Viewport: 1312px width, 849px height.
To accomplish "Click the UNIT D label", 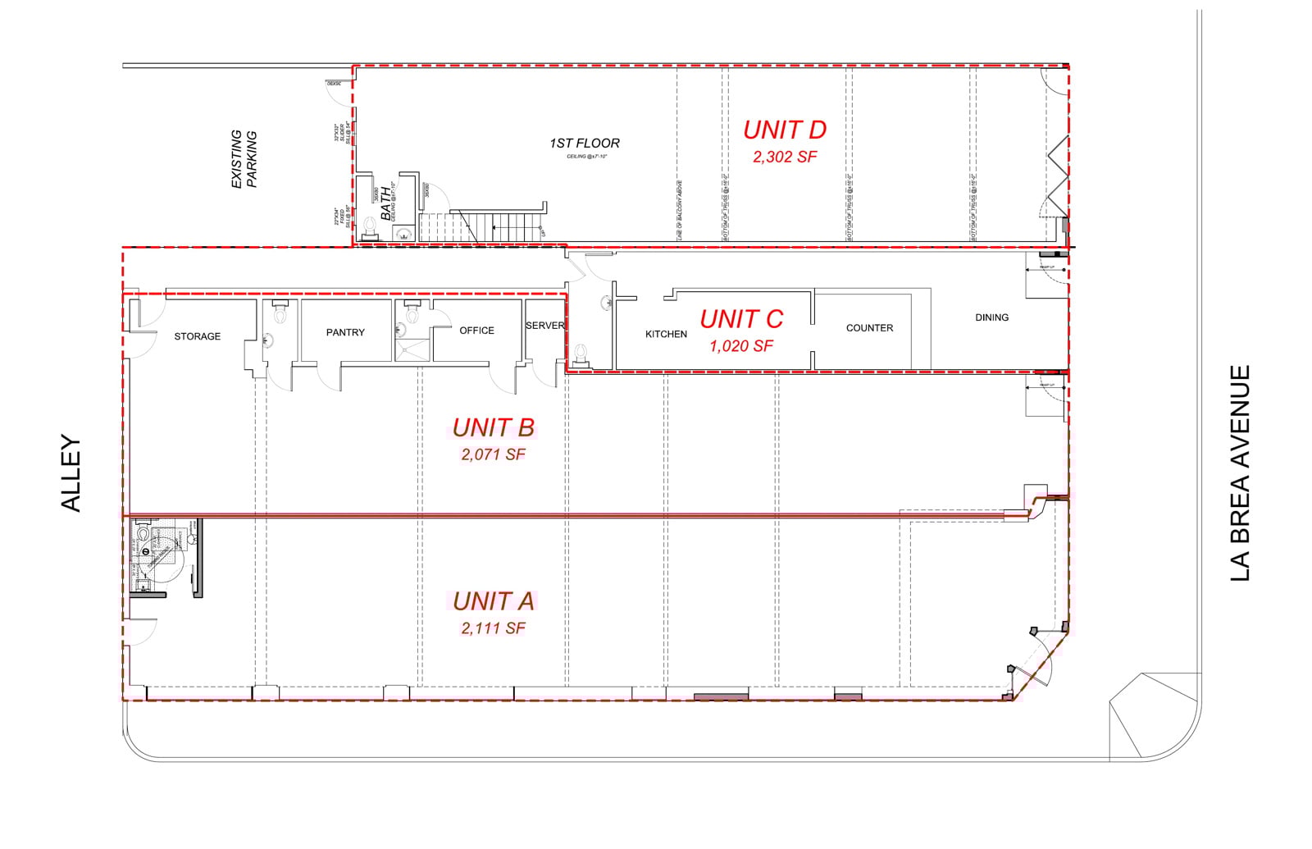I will pos(784,130).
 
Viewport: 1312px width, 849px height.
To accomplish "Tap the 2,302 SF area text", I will pos(785,156).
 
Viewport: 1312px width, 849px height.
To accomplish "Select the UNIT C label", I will pos(741,318).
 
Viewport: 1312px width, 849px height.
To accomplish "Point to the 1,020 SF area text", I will pos(740,346).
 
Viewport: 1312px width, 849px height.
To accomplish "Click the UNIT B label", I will pos(493,427).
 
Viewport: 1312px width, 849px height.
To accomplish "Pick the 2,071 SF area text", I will pos(493,454).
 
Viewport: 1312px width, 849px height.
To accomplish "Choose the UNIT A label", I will pos(493,601).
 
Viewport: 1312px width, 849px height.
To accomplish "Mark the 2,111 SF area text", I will pos(493,628).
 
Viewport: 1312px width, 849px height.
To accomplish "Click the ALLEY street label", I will pos(72,474).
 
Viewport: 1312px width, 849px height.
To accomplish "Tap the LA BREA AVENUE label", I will pos(1240,473).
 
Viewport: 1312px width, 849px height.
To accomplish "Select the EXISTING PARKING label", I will pos(244,159).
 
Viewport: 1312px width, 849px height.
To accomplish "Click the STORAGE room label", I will pos(197,336).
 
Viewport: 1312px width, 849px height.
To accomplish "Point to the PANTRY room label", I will pos(345,332).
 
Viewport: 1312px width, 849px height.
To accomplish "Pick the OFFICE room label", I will pos(476,331).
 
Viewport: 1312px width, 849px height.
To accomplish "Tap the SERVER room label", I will pos(544,326).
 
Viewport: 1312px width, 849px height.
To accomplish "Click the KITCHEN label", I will pos(666,334).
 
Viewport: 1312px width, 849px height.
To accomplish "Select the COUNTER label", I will pos(869,328).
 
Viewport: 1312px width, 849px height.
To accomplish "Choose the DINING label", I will pos(991,317).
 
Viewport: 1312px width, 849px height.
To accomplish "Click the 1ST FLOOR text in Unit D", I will pos(585,144).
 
